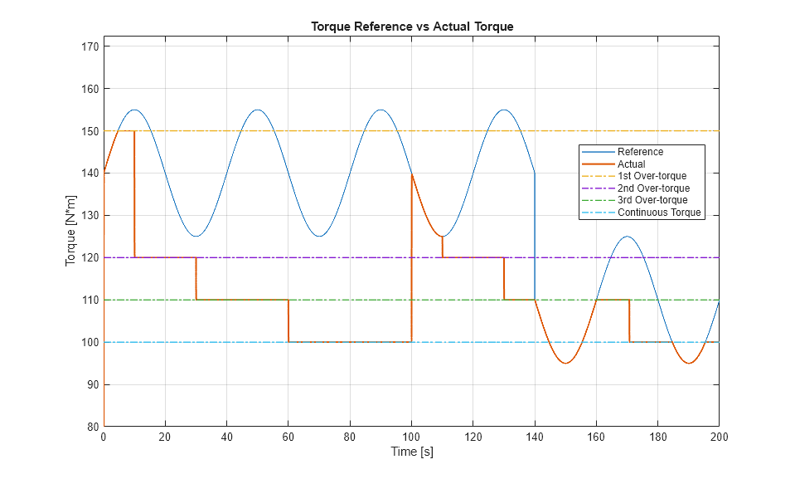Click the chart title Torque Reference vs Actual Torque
click(x=412, y=27)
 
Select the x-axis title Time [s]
click(x=412, y=452)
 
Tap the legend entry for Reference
click(x=640, y=152)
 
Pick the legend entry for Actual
click(x=632, y=164)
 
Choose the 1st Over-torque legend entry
click(x=652, y=176)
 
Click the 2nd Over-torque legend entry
click(x=652, y=188)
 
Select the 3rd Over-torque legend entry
click(x=652, y=200)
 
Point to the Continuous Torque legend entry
click(x=659, y=213)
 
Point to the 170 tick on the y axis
click(x=90, y=47)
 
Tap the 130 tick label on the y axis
click(x=90, y=216)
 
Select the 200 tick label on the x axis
click(x=718, y=437)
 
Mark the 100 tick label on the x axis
click(x=411, y=437)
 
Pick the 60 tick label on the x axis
click(x=288, y=437)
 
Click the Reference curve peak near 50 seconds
click(x=257, y=110)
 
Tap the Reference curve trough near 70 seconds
click(x=318, y=237)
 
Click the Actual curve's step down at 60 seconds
click(x=288, y=320)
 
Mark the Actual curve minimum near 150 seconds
click(x=565, y=363)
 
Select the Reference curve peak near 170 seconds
click(x=627, y=237)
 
